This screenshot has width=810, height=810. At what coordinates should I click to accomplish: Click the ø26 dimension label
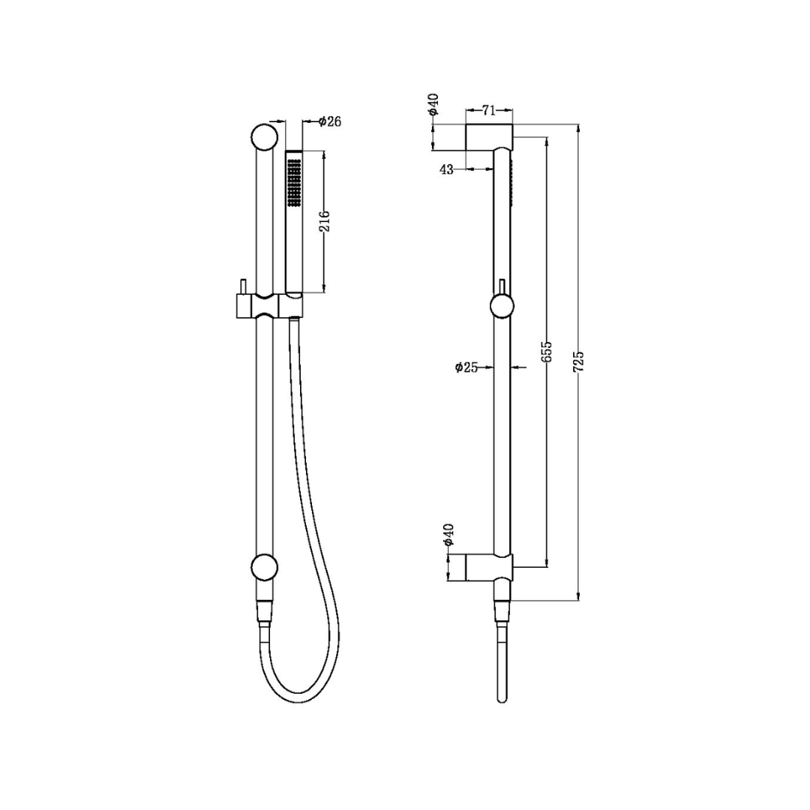point(330,121)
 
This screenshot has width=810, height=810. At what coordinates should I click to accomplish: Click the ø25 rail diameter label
point(466,367)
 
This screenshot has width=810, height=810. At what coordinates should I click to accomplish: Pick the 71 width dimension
point(488,111)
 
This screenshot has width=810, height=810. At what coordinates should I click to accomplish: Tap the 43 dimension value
point(446,169)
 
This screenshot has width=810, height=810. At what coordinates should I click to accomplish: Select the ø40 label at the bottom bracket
point(448,533)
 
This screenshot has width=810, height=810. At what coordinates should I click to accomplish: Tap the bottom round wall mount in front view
point(264,568)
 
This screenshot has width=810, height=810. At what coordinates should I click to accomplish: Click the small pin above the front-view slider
point(243,287)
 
